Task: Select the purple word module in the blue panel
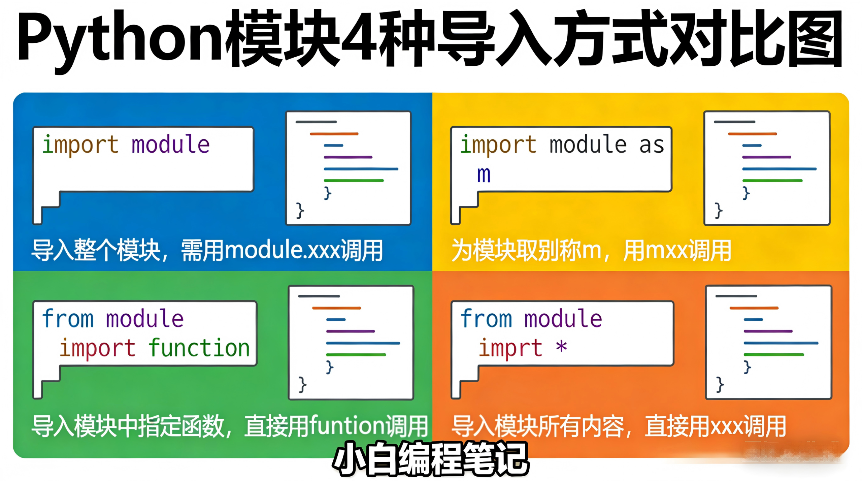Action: tap(170, 144)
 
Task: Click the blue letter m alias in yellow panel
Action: tap(484, 174)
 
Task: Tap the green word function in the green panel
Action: tap(199, 348)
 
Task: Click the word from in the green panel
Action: tap(68, 318)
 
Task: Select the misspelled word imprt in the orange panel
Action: tap(510, 348)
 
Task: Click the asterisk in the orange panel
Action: tap(561, 346)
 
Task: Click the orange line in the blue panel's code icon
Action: tap(334, 134)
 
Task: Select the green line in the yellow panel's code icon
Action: tap(772, 181)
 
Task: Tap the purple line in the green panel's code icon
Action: tap(350, 331)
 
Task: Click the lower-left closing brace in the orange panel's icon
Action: tap(720, 384)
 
